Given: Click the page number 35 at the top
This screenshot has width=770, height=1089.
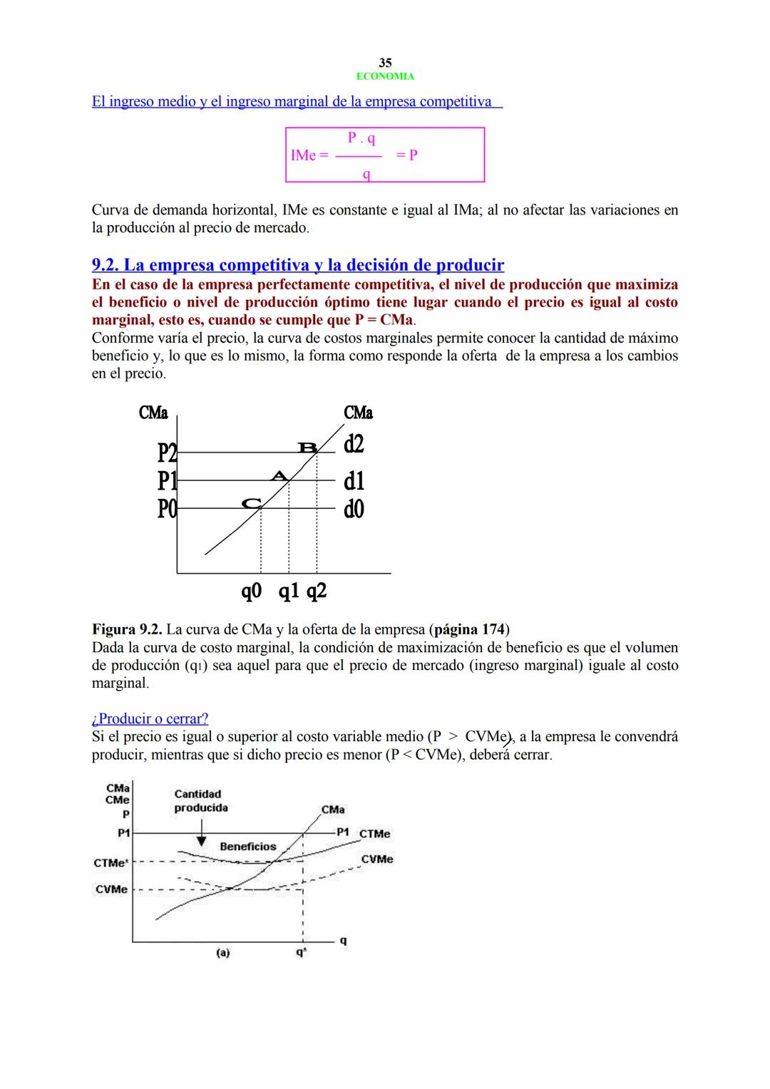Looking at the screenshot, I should tap(385, 63).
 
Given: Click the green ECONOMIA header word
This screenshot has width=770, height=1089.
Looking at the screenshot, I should tap(385, 76).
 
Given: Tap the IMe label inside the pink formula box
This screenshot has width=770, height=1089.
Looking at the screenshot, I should tap(305, 155).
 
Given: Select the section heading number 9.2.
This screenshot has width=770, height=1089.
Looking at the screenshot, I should tap(106, 265).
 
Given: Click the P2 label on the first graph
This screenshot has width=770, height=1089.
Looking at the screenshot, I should tap(167, 453).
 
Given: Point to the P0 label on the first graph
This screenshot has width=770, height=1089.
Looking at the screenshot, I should tap(167, 509).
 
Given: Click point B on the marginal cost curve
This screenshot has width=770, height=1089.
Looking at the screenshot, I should tap(308, 448).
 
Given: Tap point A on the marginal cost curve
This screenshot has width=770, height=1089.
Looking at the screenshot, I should tap(279, 475).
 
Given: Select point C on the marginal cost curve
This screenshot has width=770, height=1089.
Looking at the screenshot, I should tap(251, 503).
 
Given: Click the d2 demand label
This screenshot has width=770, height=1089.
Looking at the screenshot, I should tap(354, 444).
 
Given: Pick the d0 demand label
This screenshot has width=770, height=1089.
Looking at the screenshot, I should tap(354, 509).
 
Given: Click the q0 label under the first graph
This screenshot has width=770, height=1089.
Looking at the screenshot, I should tap(252, 591).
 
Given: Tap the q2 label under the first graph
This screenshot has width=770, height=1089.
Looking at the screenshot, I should tap(317, 591).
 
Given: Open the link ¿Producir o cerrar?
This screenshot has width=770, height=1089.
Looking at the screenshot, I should tap(150, 718).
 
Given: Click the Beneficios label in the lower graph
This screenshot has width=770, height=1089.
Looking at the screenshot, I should tap(247, 847).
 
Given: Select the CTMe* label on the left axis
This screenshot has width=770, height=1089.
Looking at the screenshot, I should tap(111, 863).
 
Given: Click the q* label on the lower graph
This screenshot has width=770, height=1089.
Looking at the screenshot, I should tap(302, 952).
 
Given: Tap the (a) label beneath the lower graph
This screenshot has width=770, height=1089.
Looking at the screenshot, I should tap(222, 952).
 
